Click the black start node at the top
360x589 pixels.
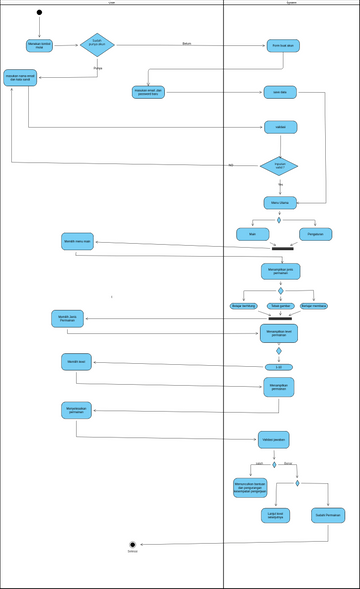point(39,13)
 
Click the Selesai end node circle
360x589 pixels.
point(132,545)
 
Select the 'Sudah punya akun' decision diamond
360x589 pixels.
point(97,45)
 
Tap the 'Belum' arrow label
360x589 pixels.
point(187,44)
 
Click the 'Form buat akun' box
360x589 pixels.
point(283,46)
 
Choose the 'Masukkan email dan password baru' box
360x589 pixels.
point(148,92)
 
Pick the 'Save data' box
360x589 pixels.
point(280,92)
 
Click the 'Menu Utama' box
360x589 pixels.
point(280,203)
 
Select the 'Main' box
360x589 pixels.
point(252,234)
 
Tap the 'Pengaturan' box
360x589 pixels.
point(315,234)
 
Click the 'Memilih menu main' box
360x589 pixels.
point(77,241)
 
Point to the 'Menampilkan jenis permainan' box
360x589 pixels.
point(280,271)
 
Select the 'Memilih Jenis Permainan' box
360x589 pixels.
point(68,318)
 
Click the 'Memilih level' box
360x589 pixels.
point(76,361)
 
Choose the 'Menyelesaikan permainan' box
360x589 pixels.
point(76,410)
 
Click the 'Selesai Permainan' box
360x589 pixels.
point(328,515)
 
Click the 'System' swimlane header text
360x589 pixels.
point(291,3)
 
